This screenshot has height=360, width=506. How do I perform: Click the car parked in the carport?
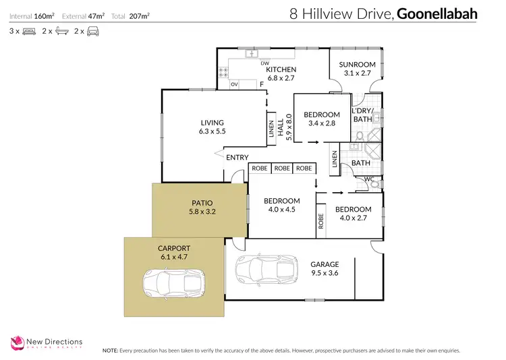(173, 283)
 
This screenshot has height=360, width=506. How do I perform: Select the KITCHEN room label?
(281, 69)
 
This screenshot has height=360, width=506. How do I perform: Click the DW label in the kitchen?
(264, 63)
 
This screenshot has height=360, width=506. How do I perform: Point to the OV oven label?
(234, 85)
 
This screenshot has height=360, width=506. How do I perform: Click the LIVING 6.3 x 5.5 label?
(211, 127)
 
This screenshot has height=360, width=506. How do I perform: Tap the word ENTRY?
(237, 157)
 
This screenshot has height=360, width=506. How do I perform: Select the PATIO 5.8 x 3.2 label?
(201, 206)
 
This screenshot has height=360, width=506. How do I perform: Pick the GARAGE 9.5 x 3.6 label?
(325, 268)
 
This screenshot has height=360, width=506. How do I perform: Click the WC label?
(369, 179)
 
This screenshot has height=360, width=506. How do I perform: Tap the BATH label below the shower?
(360, 162)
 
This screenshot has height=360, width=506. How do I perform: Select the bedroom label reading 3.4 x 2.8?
(321, 123)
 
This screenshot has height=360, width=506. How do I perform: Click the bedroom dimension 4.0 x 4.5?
(281, 210)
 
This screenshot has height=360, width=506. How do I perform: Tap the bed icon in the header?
(28, 31)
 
